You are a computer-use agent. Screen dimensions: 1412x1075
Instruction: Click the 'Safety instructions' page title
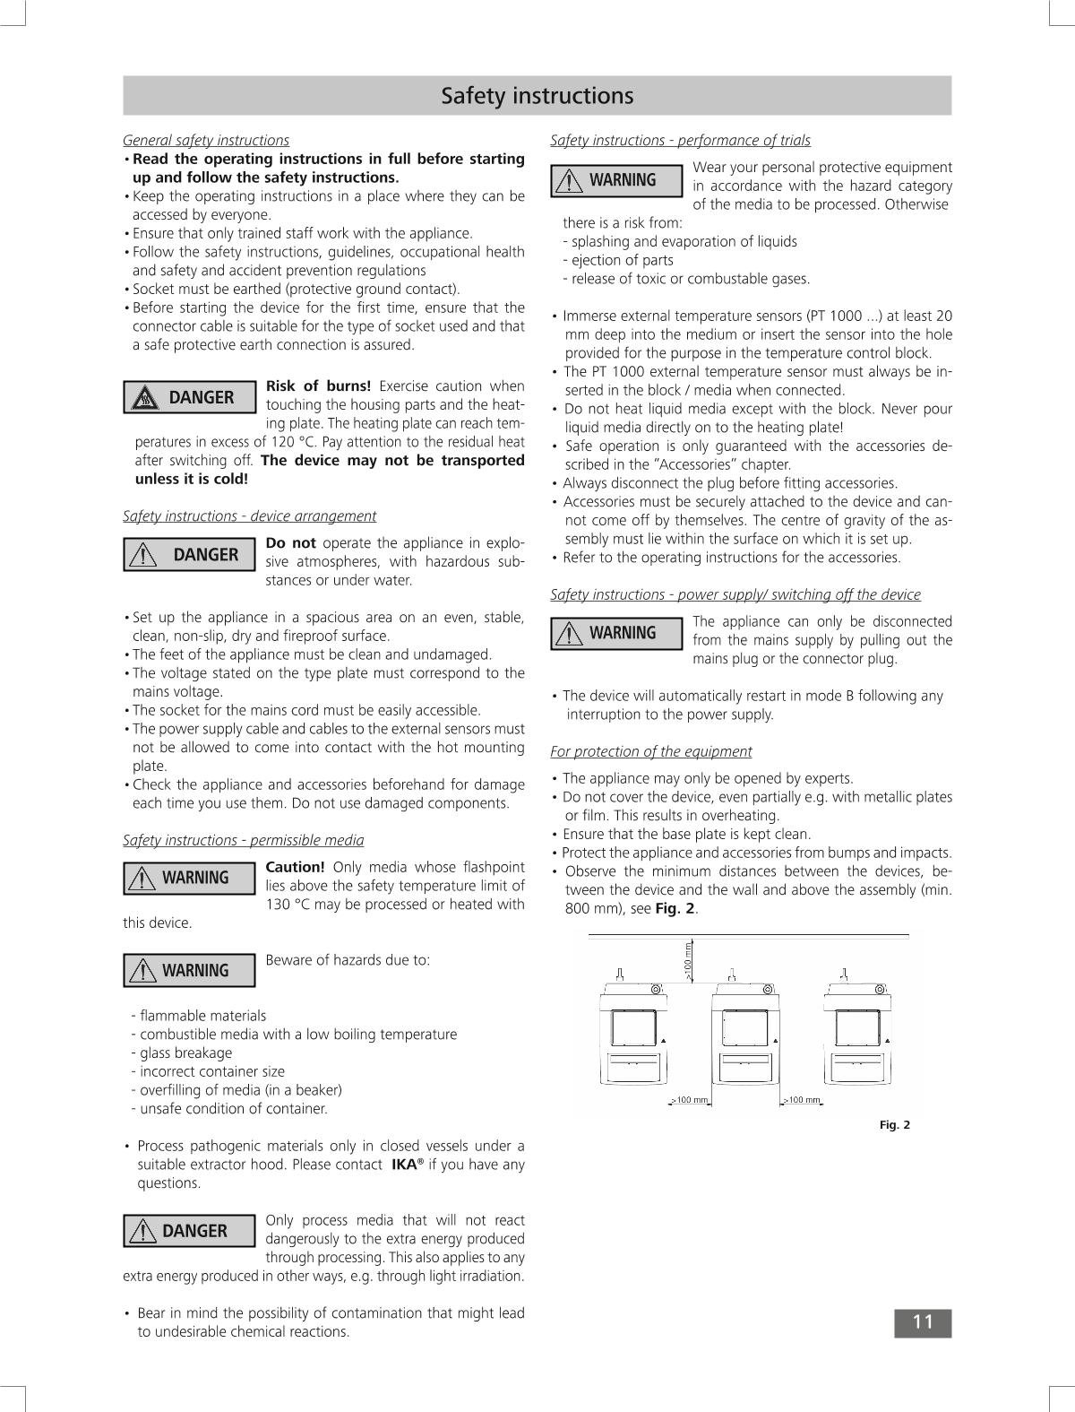(x=537, y=96)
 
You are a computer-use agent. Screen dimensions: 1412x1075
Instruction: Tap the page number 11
(x=922, y=1322)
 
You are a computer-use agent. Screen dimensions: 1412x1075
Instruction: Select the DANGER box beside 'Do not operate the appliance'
(x=189, y=555)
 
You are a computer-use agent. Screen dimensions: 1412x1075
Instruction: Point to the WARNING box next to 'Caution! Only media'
(x=189, y=878)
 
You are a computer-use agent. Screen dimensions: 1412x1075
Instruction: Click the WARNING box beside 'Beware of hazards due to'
(x=189, y=971)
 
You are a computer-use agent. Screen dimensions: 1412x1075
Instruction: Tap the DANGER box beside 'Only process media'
(x=189, y=1231)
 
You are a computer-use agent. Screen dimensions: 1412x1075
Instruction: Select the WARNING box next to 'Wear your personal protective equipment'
(x=616, y=180)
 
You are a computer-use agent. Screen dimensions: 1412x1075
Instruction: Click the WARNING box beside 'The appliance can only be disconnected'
(x=616, y=633)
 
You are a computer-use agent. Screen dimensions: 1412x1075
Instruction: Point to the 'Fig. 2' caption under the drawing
(x=894, y=1125)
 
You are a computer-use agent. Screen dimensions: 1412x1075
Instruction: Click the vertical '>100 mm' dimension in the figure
(x=688, y=960)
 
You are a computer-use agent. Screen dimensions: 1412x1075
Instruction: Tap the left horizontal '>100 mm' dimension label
(x=690, y=1100)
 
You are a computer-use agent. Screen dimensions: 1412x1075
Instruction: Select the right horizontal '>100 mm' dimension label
(x=802, y=1100)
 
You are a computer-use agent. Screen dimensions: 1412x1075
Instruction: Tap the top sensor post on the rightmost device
(x=844, y=974)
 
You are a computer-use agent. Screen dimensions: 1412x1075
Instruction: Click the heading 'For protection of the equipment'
(x=650, y=751)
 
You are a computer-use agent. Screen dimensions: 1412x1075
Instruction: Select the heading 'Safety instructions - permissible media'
(x=243, y=840)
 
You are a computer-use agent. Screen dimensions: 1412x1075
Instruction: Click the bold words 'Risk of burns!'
(x=318, y=386)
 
